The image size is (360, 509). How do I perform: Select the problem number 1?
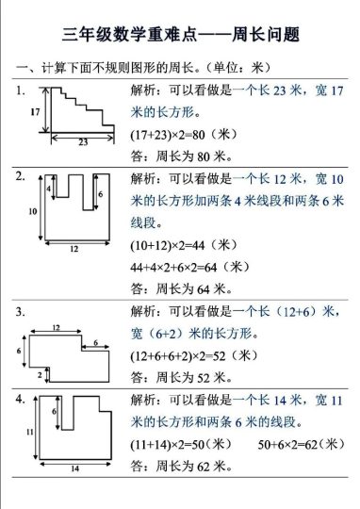21,90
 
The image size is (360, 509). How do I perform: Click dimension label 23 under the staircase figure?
83,143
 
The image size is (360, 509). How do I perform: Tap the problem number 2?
21,176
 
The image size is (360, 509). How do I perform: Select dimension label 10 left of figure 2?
32,211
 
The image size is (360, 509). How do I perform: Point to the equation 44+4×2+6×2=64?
188,267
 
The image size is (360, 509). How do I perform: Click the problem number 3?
21,309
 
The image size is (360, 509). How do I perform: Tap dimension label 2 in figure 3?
39,376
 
